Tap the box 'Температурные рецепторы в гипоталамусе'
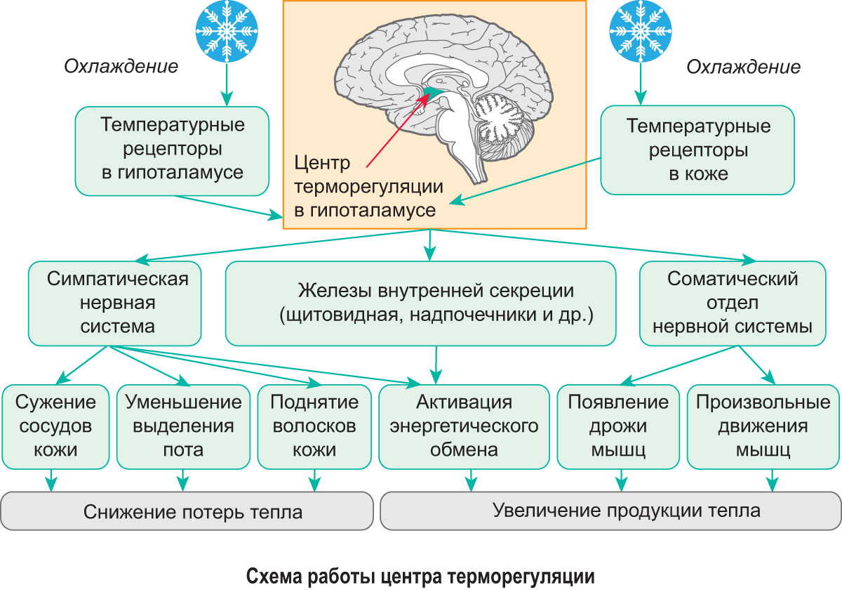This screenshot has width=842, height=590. [173, 150]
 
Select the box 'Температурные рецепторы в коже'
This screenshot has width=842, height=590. [698, 150]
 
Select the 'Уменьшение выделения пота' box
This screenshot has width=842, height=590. [183, 426]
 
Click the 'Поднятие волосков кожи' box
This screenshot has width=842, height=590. [314, 426]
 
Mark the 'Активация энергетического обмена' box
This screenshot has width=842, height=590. [464, 426]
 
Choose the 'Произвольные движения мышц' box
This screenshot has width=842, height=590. [763, 426]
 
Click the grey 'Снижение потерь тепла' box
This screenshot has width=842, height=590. [187, 511]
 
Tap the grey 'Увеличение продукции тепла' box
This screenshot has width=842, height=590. [610, 510]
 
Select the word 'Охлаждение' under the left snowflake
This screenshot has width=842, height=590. [121, 67]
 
